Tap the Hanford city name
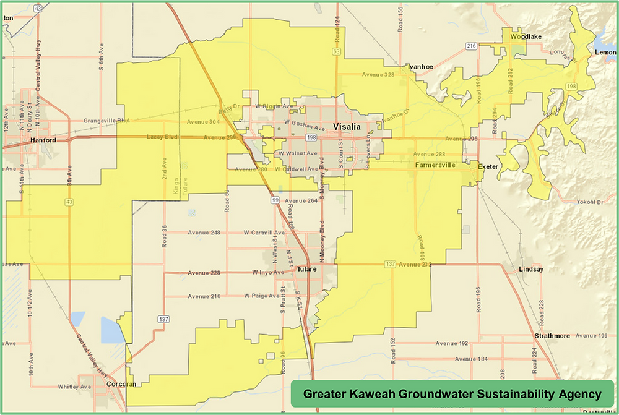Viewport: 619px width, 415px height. tap(43, 140)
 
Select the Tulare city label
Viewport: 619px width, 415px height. tap(306, 269)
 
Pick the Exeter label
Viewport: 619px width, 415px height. tap(488, 166)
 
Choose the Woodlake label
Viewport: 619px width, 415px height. tap(526, 37)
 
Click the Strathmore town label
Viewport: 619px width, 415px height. tap(552, 336)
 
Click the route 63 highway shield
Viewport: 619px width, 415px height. tap(336, 51)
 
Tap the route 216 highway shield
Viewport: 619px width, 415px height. tap(471, 46)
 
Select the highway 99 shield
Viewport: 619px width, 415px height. tap(274, 200)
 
